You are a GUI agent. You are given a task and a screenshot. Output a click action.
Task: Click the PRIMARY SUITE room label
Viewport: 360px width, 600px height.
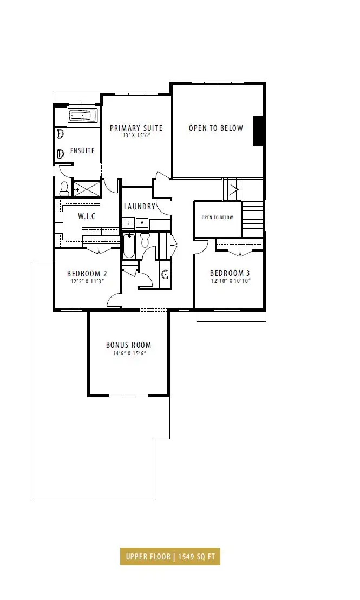(136, 128)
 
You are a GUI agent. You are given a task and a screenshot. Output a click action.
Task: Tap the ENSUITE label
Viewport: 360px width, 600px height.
(82, 150)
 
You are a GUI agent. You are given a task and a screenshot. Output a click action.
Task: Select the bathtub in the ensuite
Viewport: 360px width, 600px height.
(83, 115)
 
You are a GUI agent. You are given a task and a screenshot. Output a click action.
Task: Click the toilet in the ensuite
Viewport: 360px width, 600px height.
(64, 188)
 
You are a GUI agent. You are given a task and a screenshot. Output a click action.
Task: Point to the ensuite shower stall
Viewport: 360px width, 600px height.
(86, 189)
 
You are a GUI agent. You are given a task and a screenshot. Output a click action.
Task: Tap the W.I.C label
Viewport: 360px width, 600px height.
(87, 216)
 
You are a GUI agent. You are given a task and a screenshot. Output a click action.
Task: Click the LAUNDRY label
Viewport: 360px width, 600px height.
(140, 207)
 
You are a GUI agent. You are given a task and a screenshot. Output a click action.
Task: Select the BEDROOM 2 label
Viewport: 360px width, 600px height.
(87, 274)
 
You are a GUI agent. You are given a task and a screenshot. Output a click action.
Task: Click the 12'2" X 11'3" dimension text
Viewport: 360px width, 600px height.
(87, 281)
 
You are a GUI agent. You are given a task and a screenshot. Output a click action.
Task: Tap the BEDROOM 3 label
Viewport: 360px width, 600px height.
(230, 273)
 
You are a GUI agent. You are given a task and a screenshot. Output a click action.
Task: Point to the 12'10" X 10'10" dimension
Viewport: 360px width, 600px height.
(231, 281)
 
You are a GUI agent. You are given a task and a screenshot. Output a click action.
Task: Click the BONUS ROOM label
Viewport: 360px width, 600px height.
(129, 345)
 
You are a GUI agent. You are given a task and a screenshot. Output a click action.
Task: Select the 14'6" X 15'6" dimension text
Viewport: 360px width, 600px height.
(129, 353)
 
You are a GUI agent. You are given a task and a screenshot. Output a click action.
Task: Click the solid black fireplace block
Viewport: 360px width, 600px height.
(259, 131)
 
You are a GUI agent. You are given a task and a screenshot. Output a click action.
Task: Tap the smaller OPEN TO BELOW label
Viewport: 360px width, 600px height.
(217, 217)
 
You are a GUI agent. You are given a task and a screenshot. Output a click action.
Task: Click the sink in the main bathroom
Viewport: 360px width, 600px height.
(166, 274)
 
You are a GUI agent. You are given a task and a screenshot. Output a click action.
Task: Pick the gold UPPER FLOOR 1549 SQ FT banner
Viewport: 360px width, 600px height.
(170, 556)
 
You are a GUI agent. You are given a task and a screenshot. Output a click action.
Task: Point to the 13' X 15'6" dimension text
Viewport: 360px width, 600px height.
(135, 135)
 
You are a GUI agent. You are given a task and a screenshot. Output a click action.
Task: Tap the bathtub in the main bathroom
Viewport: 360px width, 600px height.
(129, 246)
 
